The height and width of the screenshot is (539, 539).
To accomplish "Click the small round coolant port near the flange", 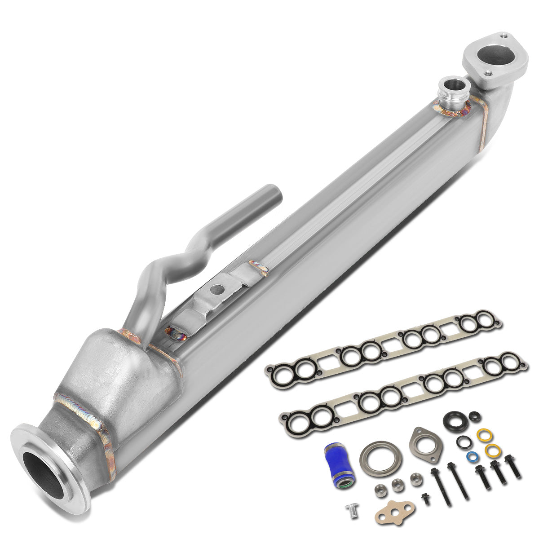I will click(449, 84).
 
